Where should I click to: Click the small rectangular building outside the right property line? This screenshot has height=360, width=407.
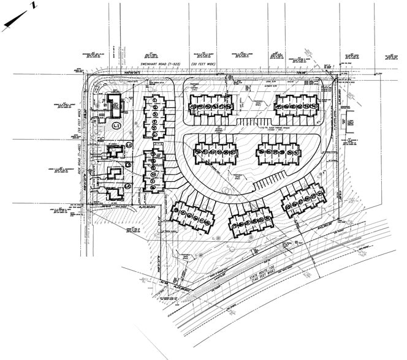354,131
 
